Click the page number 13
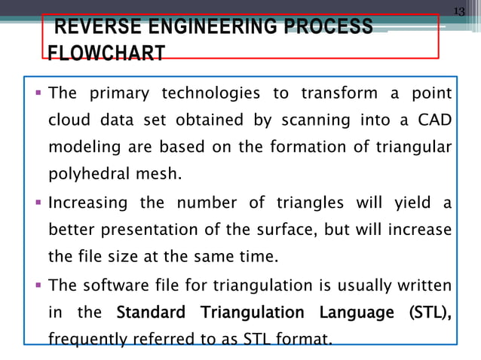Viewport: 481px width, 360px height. [459, 9]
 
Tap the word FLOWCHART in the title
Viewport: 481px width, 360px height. [106, 54]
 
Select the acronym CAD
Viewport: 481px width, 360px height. [437, 121]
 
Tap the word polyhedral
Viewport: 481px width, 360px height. [82, 176]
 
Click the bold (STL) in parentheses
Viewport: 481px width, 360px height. [427, 313]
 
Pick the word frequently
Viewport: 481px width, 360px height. [84, 339]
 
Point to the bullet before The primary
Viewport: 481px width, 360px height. [38, 93]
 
